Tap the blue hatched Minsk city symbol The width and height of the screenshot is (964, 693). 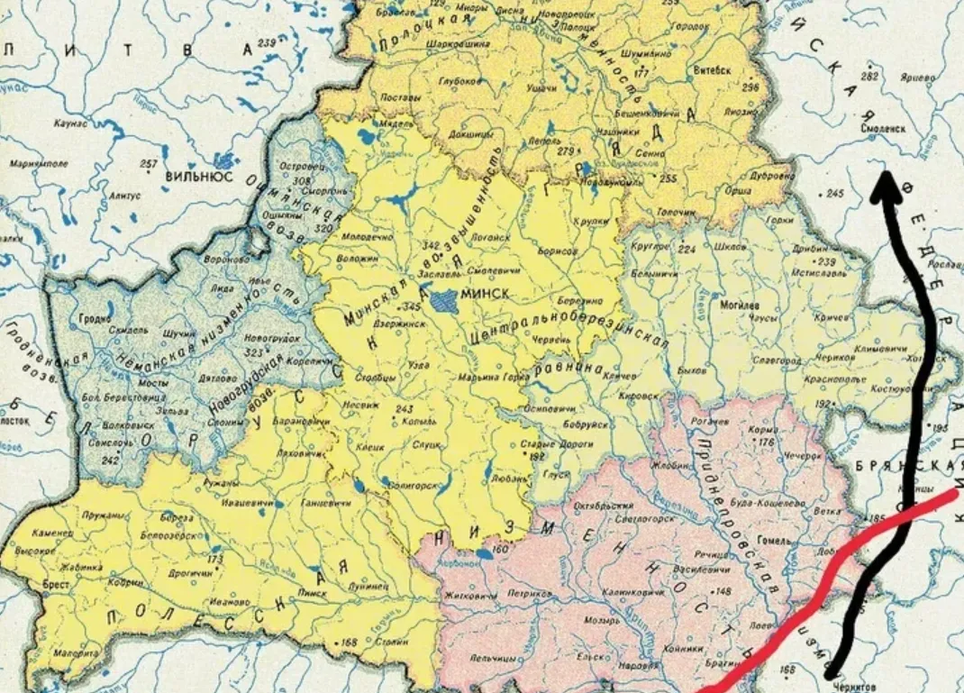pos(443,300)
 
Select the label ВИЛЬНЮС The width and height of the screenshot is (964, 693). pos(199,177)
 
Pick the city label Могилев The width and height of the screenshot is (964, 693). pos(738,305)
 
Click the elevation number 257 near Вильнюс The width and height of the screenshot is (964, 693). pos(149,163)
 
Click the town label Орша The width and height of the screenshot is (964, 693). pos(739,190)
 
